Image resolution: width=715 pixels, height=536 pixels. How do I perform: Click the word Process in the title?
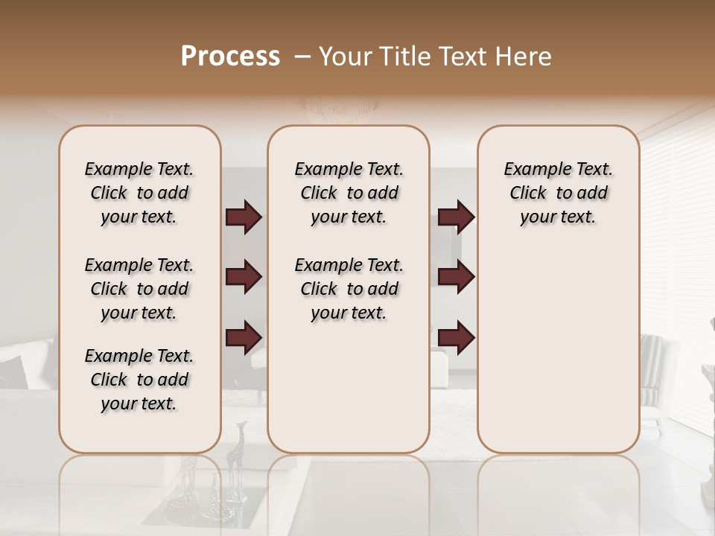230,57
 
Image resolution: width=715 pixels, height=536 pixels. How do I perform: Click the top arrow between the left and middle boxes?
244,217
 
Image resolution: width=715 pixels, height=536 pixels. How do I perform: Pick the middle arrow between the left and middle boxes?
244,277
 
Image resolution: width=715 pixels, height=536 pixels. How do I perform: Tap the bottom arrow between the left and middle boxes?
244,337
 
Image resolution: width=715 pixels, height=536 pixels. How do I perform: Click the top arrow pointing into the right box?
456,217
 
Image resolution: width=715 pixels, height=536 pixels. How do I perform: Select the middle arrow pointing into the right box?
456,277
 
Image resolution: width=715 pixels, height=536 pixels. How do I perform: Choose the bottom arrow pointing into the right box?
456,337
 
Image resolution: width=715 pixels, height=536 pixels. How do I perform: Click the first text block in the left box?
139,193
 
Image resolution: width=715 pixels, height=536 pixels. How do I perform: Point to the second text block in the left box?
139,289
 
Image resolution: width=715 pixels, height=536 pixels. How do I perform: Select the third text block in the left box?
139,380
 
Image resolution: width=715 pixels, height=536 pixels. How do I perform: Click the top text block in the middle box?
349,193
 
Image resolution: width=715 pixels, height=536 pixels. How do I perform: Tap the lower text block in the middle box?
349,289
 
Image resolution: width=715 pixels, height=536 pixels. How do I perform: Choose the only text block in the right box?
558,193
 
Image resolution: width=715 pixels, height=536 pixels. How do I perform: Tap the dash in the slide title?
302,57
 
